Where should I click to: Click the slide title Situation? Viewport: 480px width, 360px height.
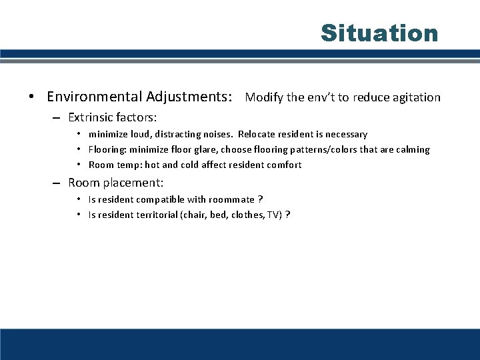coord(379,33)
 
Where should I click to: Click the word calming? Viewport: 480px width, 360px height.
coord(412,149)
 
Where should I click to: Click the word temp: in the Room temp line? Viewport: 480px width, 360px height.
coord(129,165)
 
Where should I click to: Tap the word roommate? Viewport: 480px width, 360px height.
coord(232,199)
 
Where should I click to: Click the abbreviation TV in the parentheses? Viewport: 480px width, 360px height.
coord(274,215)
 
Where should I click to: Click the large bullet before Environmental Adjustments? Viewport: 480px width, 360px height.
coord(31,97)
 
